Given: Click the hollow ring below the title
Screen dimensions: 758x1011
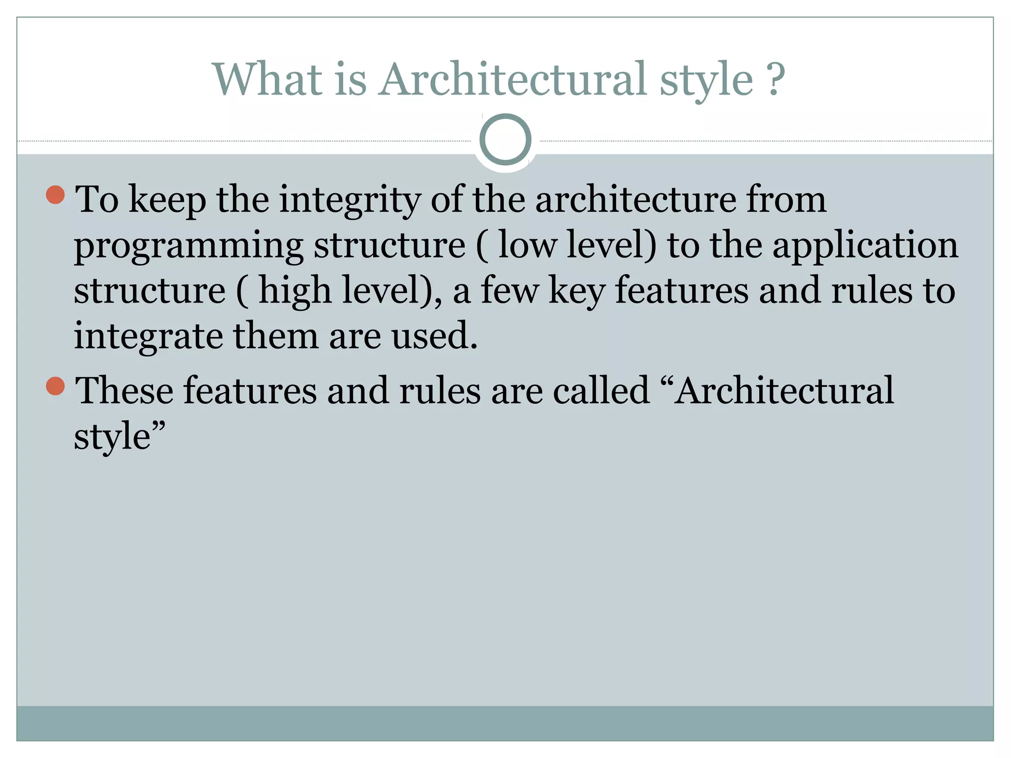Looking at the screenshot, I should [505, 139].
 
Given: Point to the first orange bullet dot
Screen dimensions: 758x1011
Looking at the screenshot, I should [55, 195].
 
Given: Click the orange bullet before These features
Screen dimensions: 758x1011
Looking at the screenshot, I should [55, 386].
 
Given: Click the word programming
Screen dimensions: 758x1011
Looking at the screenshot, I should [189, 245].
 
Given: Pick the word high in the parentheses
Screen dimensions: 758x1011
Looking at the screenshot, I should [295, 291].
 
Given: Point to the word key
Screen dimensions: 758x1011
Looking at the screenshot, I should [577, 291].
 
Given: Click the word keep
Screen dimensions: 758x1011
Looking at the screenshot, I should [167, 200].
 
